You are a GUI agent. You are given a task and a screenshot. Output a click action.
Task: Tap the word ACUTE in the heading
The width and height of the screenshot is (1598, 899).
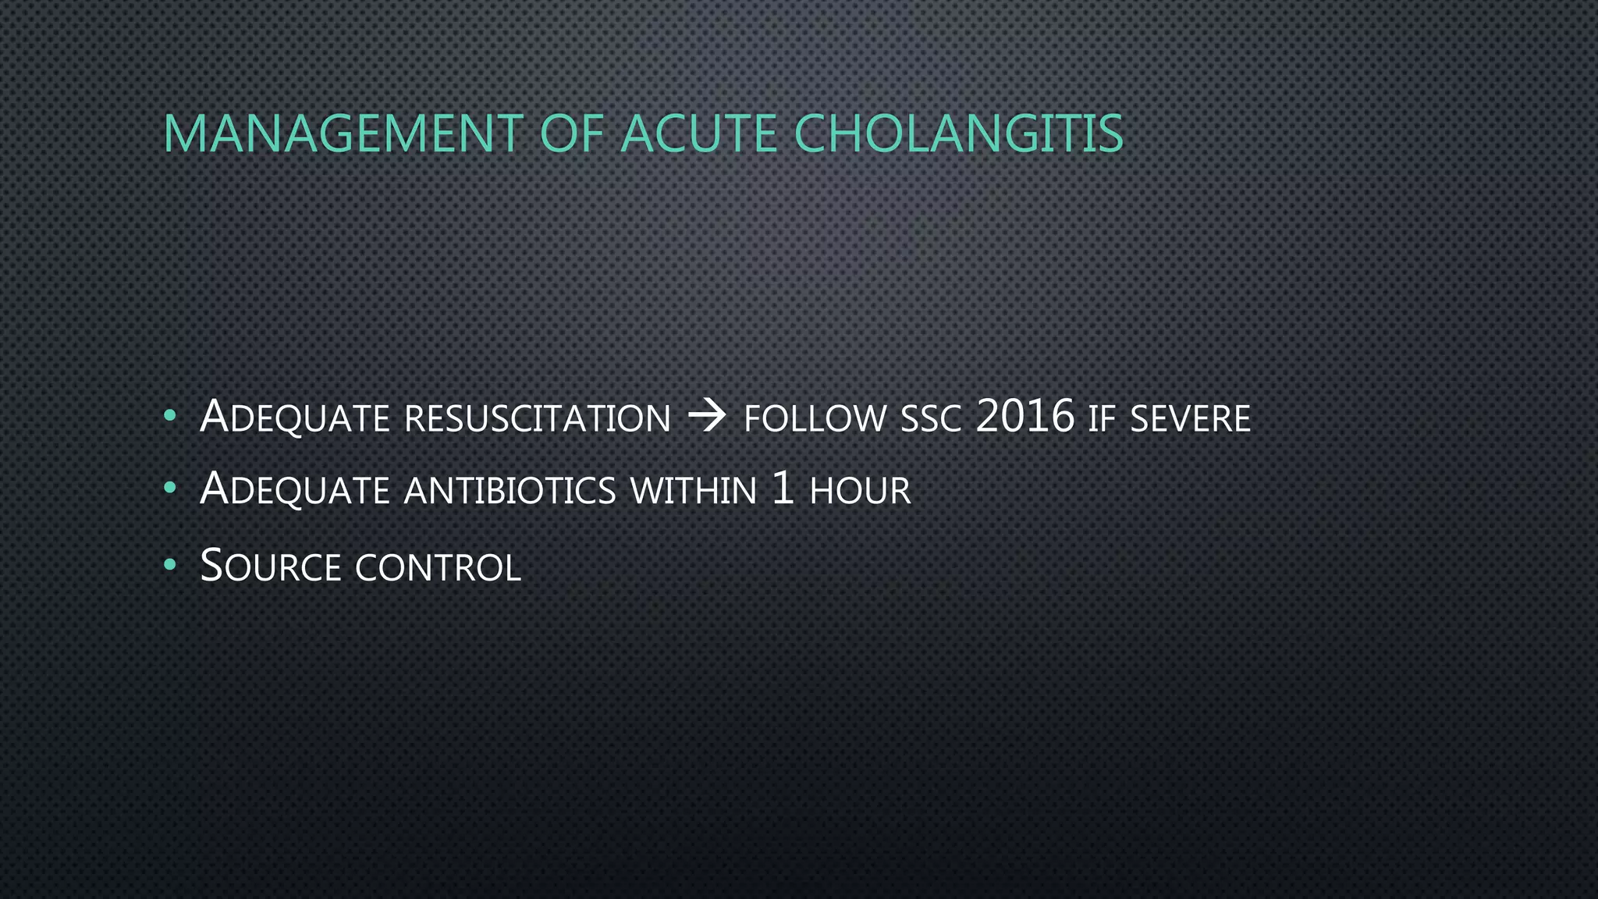click(x=698, y=134)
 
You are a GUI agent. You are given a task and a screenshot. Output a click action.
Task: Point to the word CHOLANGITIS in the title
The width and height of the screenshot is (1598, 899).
click(x=958, y=134)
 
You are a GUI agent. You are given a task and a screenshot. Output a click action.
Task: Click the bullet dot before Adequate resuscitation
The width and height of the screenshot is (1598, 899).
click(x=169, y=417)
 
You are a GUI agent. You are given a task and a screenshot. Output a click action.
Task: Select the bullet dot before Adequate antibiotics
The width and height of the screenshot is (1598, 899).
click(x=169, y=489)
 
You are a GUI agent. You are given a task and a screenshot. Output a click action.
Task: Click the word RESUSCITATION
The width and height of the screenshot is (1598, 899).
click(x=538, y=419)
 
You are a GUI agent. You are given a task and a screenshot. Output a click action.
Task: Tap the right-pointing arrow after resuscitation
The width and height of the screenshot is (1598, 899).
click(x=707, y=418)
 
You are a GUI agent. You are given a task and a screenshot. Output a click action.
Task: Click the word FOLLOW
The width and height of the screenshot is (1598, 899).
click(x=815, y=419)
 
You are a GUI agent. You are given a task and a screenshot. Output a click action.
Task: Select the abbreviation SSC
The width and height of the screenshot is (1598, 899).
click(x=931, y=420)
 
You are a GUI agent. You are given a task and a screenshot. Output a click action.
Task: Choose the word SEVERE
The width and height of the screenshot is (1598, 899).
click(x=1190, y=419)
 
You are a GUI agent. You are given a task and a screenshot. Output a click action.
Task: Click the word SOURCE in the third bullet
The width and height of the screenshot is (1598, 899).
click(x=270, y=567)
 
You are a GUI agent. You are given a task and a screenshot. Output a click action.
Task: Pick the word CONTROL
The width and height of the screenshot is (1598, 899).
click(x=438, y=568)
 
